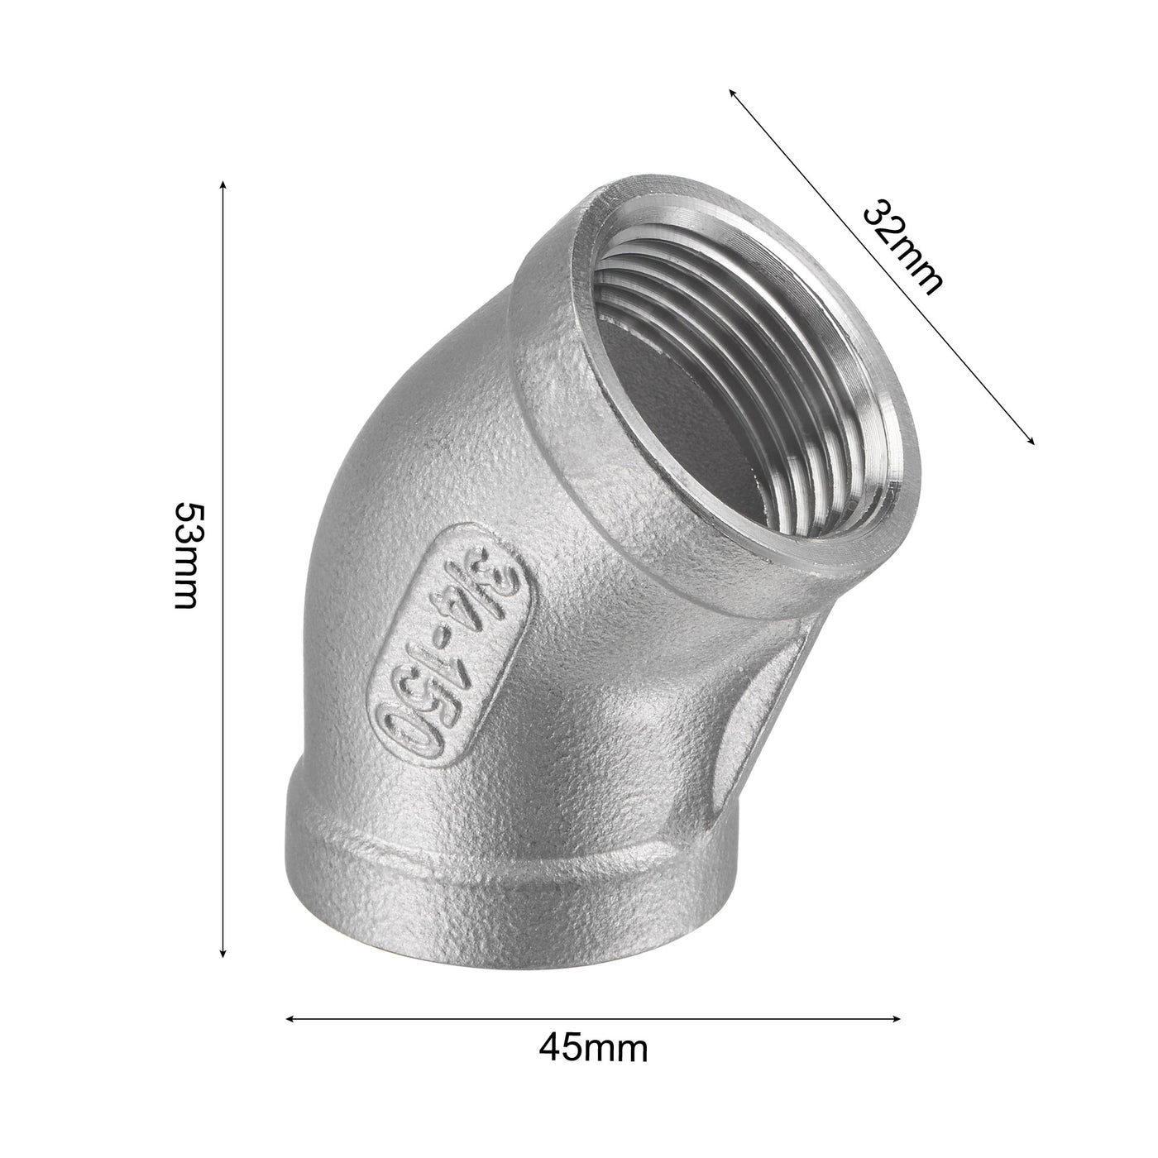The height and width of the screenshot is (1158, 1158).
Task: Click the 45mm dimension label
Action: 593,1050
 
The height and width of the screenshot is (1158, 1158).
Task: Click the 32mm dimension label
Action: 902,247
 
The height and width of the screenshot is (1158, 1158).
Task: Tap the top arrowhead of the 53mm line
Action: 223,184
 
